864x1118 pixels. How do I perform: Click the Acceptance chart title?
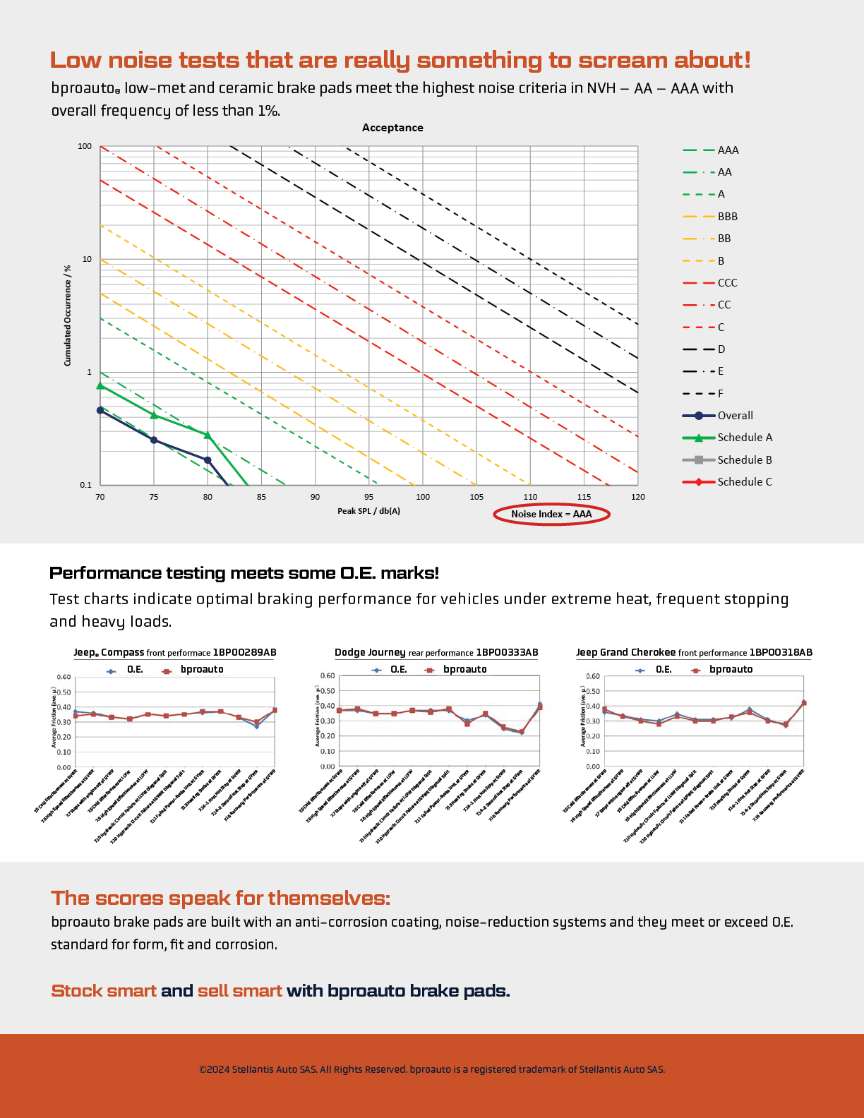[x=392, y=128]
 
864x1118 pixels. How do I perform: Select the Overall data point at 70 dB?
[x=100, y=410]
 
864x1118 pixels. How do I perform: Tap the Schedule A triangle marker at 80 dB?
[x=208, y=435]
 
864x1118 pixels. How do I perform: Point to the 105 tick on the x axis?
[x=476, y=497]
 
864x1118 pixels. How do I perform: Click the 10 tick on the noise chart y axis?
[x=87, y=260]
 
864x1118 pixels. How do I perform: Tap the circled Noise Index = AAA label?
[x=551, y=514]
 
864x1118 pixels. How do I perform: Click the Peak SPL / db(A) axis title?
[x=368, y=511]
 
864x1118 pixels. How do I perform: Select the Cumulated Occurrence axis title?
[x=68, y=315]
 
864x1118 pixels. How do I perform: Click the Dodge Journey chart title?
[x=370, y=652]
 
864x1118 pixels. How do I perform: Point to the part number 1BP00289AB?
[x=244, y=652]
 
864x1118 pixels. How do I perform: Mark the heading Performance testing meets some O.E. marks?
[x=244, y=573]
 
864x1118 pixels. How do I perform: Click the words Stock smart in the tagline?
[x=104, y=991]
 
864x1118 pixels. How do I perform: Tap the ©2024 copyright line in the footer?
[x=431, y=1069]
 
